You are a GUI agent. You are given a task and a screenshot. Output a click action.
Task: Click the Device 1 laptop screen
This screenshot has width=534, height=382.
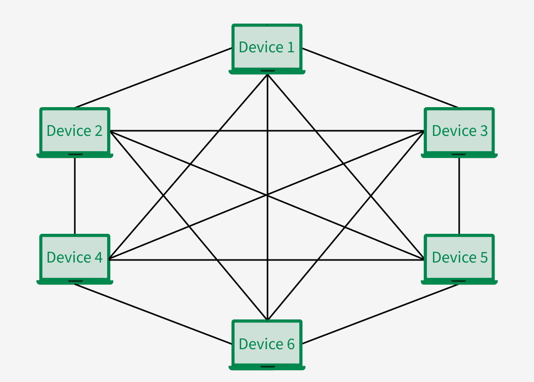point(267,47)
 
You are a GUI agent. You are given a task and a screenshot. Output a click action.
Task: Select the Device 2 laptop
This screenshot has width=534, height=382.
point(75,131)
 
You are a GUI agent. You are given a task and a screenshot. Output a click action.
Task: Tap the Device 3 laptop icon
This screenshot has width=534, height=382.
point(459,131)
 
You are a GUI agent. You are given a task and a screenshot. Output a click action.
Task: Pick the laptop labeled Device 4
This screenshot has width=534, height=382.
point(75,258)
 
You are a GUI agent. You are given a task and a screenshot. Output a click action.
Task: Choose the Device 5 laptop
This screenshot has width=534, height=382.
point(459,258)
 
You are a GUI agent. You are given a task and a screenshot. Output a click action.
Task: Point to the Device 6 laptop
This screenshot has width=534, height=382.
point(267,344)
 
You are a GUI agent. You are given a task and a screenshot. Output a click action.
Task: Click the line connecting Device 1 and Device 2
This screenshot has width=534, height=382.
point(154,78)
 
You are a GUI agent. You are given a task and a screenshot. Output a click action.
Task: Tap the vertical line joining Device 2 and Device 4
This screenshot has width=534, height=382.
point(75,195)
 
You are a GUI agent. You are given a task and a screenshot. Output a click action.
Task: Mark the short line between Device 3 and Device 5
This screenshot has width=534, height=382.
point(459,195)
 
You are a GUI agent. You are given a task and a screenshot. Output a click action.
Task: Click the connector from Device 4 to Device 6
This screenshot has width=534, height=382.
point(154,314)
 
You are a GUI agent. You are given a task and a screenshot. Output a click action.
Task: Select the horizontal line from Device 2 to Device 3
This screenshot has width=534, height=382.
point(266,131)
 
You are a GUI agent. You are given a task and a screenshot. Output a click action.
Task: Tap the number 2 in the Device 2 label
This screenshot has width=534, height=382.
point(98,131)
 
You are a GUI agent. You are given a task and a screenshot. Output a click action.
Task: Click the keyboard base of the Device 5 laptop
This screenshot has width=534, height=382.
point(459,282)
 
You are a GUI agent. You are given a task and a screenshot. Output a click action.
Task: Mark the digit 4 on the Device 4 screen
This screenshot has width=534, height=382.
point(98,257)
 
